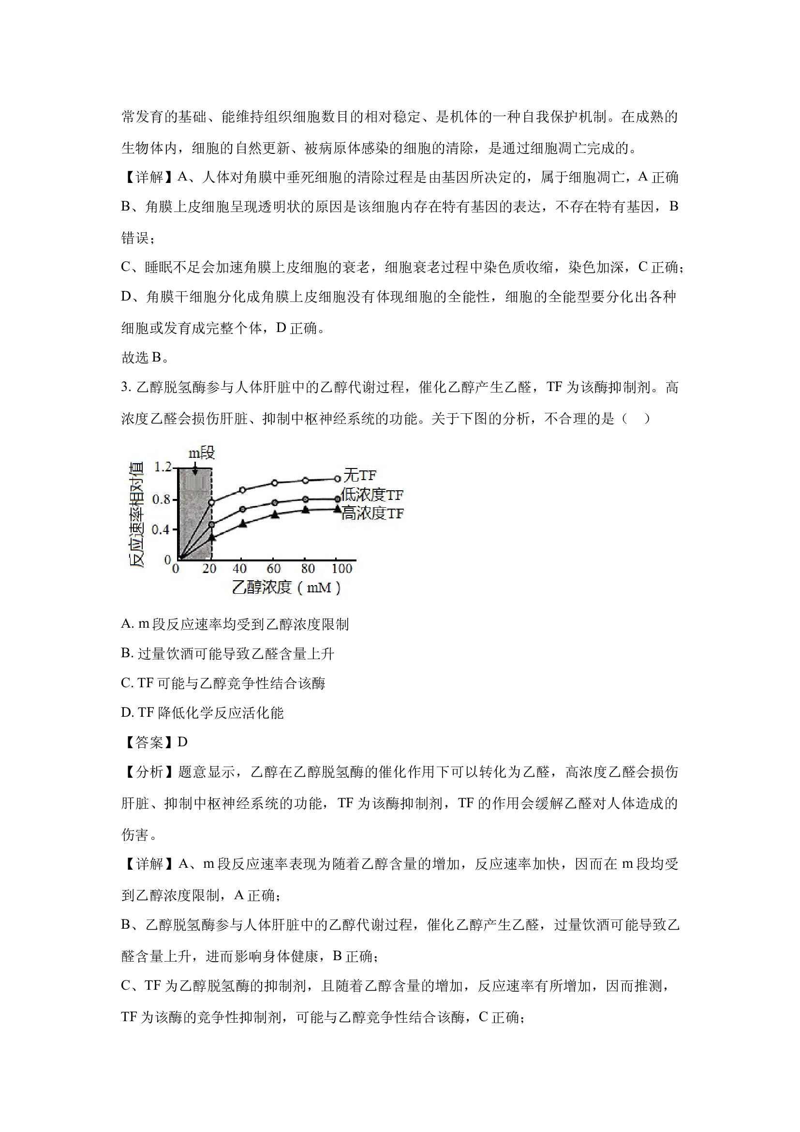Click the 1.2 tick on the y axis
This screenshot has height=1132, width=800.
163,467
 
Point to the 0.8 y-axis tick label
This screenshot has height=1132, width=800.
162,499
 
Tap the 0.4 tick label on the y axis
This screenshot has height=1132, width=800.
162,529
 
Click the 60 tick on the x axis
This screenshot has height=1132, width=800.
273,569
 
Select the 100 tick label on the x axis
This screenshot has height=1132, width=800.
341,569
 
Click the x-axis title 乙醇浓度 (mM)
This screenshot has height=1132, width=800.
286,587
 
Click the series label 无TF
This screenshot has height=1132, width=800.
360,475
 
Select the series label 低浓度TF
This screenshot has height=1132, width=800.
372,495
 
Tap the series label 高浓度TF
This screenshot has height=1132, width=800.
372,513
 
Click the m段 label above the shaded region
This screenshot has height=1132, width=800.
202,453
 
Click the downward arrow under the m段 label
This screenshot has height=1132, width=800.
195,469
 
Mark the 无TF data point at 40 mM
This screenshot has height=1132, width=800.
242,490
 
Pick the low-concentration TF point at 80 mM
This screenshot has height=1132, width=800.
305,499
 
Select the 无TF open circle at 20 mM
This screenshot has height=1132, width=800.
212,502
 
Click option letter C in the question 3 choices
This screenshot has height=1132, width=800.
126,683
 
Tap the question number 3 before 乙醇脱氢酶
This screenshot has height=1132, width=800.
124,388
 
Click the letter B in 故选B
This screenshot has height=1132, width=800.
156,358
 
